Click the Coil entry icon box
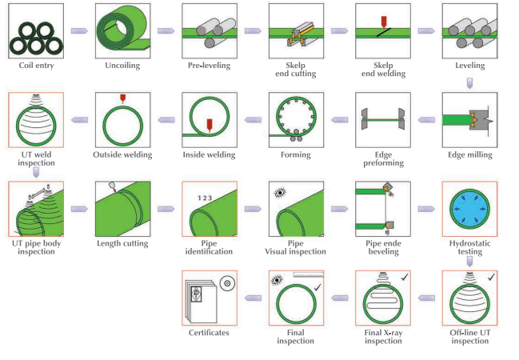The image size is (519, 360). pyautogui.click(x=36, y=31)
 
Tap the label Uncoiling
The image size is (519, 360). pyautogui.click(x=122, y=66)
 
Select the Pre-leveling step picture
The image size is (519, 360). pyautogui.click(x=210, y=31)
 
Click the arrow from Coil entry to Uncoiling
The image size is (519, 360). pyautogui.click(x=79, y=31)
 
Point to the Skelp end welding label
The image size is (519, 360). pyautogui.click(x=383, y=70)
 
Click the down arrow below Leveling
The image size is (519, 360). pyautogui.click(x=469, y=81)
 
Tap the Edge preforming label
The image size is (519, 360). pyautogui.click(x=383, y=158)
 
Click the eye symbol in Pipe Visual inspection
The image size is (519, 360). pyautogui.click(x=280, y=194)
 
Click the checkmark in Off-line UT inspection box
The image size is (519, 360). pyautogui.click(x=491, y=277)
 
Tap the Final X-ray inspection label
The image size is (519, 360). pyautogui.click(x=383, y=336)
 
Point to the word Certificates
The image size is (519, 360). pyautogui.click(x=210, y=332)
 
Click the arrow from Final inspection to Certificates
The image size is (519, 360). pyautogui.click(x=253, y=298)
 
